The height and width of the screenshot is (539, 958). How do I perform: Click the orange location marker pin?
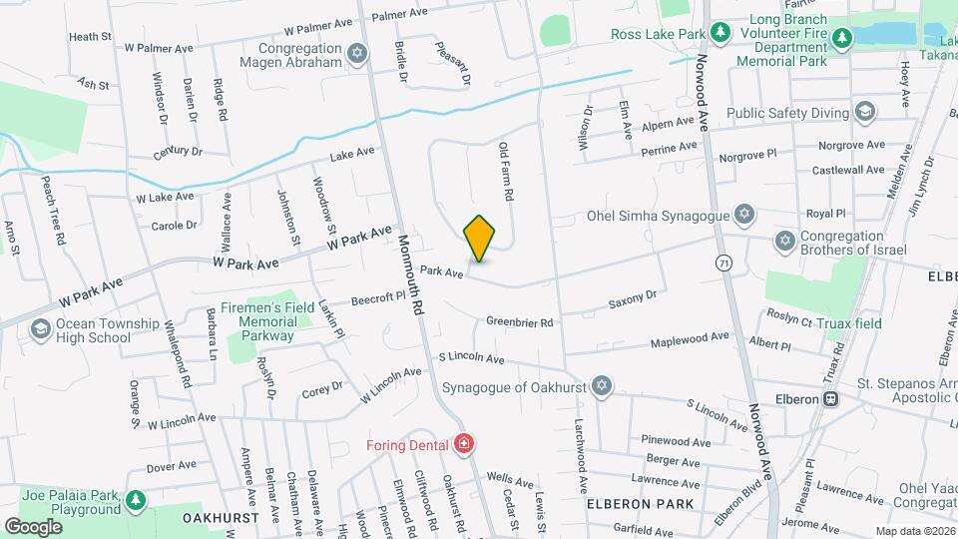click(480, 238)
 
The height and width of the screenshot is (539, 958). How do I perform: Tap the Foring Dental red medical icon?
click(463, 442)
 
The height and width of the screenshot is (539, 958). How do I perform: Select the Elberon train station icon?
click(830, 399)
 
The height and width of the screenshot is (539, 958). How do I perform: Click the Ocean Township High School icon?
click(41, 329)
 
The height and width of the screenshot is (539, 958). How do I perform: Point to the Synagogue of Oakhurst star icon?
click(601, 386)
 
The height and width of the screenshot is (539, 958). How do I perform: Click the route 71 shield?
click(722, 262)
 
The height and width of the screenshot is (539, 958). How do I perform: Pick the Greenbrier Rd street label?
click(519, 322)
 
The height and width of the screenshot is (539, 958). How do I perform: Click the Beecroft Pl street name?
click(377, 297)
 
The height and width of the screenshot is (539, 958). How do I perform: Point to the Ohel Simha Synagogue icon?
click(743, 215)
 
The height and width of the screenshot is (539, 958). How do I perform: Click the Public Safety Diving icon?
click(864, 113)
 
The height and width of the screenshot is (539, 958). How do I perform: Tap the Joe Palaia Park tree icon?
click(136, 499)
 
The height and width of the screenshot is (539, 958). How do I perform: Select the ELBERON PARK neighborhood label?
click(639, 504)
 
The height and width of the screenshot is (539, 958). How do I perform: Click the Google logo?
click(32, 526)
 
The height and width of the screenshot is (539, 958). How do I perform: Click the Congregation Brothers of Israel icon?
click(784, 242)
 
